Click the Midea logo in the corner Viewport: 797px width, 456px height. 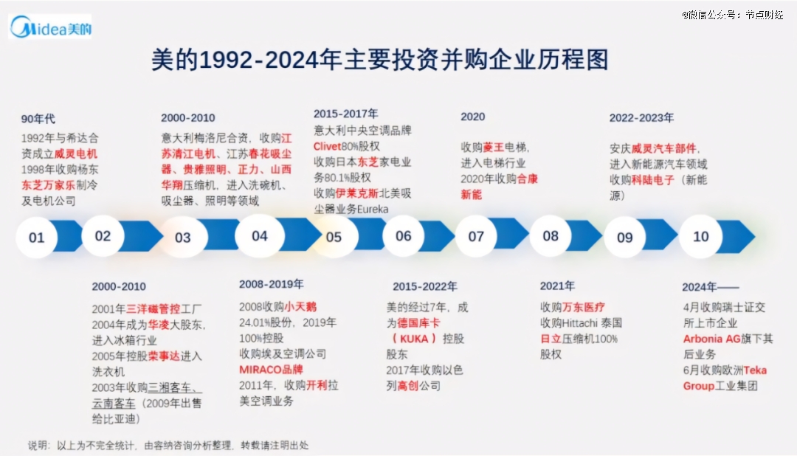(x=50, y=27)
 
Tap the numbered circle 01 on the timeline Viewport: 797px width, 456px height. (x=37, y=238)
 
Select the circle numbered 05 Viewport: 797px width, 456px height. (x=334, y=237)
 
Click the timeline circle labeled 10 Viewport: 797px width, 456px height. (x=700, y=236)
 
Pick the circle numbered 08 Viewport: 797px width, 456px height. (x=551, y=236)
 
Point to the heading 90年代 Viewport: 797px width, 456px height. (x=38, y=119)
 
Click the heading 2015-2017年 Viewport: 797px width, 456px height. (x=345, y=114)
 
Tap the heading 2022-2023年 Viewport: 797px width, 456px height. (x=641, y=117)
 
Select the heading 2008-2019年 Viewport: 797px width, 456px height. (x=271, y=284)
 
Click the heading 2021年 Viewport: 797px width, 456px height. (x=557, y=286)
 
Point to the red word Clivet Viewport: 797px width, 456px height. (x=328, y=146)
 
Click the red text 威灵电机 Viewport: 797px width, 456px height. (x=75, y=153)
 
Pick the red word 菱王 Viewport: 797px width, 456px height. (x=493, y=147)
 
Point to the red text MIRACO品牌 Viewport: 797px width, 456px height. (x=271, y=369)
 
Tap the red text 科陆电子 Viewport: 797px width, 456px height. (x=653, y=179)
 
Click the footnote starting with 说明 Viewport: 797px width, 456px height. (x=168, y=445)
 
